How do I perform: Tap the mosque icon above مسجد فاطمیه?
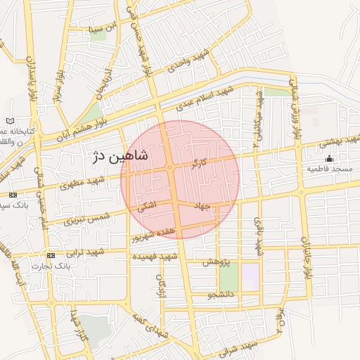coord(330,158)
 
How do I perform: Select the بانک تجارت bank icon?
coord(50,255)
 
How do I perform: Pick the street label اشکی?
coord(147,207)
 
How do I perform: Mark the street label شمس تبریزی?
coord(88,217)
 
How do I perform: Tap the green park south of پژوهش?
coord(229,278)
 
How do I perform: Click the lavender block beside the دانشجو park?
coord(250,276)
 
